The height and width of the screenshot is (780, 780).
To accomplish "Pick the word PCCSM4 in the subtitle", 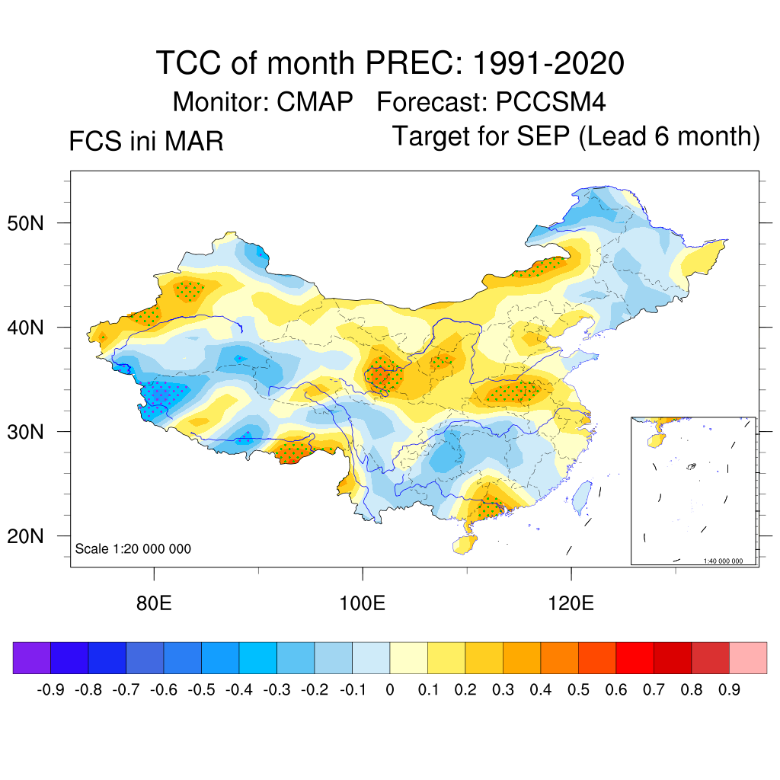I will coord(550,101).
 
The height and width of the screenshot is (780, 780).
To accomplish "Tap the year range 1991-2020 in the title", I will coord(548,63).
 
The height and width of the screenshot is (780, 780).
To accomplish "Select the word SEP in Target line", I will coord(542,136).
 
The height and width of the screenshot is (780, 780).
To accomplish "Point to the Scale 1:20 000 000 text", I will coord(133,549).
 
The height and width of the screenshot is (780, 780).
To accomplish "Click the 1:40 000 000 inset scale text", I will coord(727,561).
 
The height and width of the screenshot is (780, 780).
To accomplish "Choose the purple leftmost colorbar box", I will coord(32,658).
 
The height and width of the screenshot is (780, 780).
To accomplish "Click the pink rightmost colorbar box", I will coord(748,658).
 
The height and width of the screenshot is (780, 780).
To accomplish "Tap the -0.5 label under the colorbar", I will coord(202,690).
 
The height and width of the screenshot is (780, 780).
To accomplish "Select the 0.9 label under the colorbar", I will coord(729,690).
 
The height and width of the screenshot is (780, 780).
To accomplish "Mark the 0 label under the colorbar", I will coord(390,690).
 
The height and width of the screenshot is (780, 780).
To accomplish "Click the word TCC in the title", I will coord(188,63).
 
